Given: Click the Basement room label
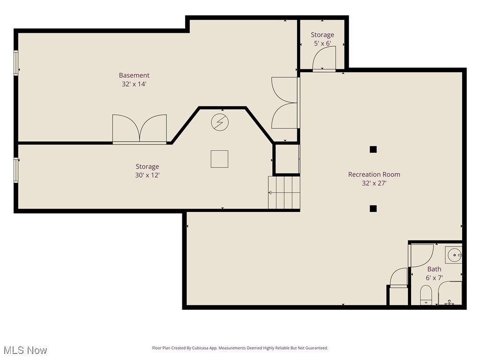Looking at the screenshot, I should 134,75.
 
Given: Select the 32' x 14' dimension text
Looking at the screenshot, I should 134,84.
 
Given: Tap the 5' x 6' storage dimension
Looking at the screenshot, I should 322,44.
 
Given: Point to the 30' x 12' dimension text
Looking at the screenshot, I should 147,175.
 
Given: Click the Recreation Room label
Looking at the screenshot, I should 374,174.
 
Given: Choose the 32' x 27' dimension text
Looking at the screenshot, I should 374,183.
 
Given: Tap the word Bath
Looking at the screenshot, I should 434,269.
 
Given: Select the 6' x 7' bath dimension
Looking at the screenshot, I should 435,277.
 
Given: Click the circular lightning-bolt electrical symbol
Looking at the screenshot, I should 219,122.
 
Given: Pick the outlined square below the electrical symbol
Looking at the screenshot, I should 219,159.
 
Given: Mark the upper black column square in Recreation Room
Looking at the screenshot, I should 373,150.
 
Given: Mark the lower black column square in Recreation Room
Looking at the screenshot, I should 373,209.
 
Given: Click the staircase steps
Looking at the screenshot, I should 284,192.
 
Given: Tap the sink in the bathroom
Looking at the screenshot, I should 454,255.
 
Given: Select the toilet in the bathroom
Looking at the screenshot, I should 426,295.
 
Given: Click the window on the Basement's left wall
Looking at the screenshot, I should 16,63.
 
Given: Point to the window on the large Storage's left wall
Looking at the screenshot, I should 16,170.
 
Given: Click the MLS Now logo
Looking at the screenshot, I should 25,350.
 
